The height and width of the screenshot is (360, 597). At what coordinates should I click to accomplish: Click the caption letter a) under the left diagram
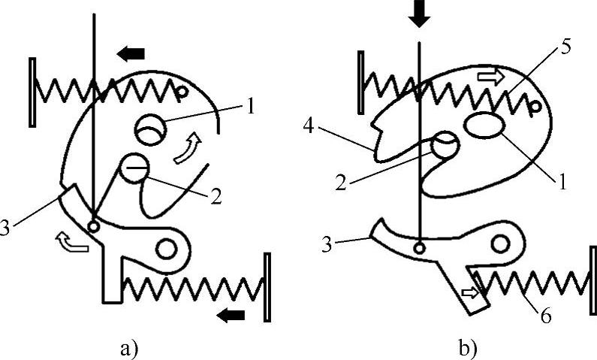click(x=130, y=348)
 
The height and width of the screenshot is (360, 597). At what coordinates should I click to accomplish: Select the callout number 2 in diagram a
click(x=215, y=196)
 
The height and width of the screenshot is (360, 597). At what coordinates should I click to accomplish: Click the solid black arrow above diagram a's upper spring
click(x=131, y=53)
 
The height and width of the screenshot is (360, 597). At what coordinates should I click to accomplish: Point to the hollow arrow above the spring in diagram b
click(x=489, y=76)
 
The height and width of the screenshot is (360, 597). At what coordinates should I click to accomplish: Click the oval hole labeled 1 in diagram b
click(x=485, y=126)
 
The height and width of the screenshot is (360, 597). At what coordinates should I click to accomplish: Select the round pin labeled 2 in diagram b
click(x=444, y=143)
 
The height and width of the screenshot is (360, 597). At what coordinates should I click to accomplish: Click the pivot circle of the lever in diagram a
click(x=166, y=247)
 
